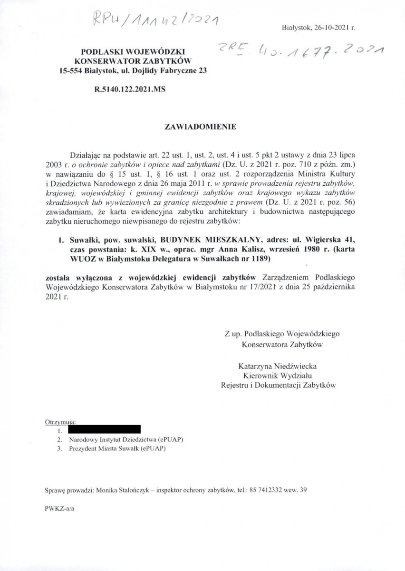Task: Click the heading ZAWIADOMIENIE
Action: pos(200,127)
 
